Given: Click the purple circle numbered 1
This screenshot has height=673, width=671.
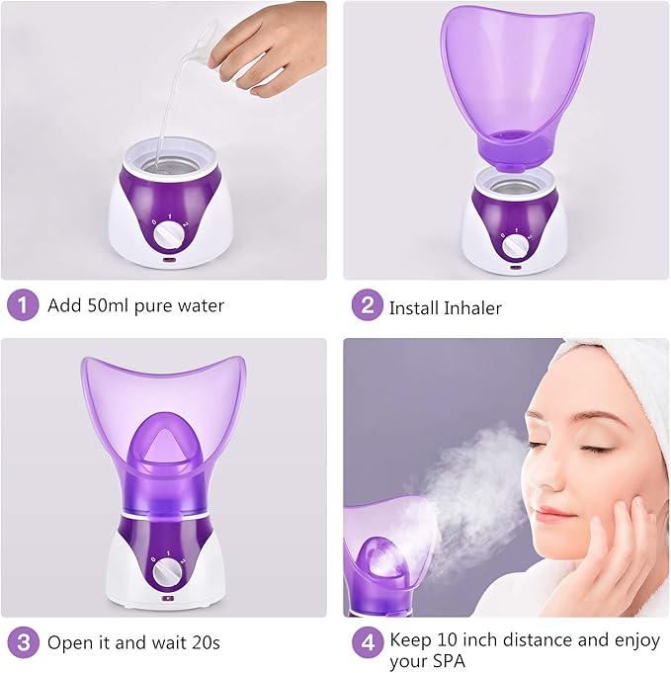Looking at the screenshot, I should click(23, 304).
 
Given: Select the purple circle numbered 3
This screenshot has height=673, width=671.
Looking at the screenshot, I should click(23, 642).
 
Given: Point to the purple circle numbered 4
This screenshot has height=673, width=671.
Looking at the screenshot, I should click(366, 642).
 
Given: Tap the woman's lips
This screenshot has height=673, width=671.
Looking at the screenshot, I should click(555, 515).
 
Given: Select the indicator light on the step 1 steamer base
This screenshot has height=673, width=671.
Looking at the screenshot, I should click(169, 264).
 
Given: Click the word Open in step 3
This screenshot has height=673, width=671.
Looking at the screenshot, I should click(70, 644).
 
